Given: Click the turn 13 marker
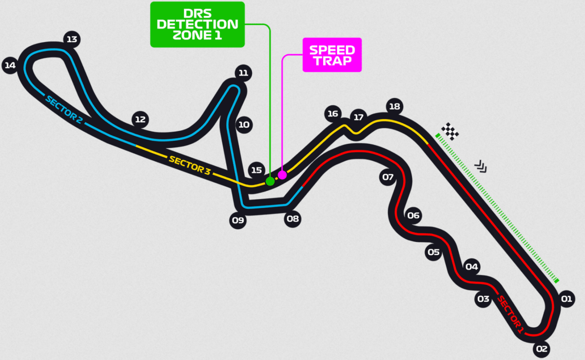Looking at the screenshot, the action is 72,40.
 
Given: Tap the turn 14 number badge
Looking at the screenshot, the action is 10,65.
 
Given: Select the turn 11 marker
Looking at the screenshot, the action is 243,73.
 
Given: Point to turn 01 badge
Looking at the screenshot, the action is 566,299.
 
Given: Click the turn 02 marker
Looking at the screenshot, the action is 542,349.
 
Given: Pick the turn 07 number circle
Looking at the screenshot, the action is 388,178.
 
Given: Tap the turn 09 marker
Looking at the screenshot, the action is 238,220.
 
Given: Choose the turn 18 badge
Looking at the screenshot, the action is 394,107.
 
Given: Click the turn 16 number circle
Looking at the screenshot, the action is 332,114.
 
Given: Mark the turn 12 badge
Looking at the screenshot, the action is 140,120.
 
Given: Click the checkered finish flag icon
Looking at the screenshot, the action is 450,131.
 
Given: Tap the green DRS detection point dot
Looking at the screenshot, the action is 270,181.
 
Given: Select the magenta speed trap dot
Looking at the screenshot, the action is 282,175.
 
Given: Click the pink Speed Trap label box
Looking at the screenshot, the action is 332,55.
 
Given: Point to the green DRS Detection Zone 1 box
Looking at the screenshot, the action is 197,24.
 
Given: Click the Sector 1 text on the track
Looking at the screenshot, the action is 510,315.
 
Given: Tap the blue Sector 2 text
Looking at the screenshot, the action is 64,109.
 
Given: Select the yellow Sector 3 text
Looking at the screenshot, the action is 190,165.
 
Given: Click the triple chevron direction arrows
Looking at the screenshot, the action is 481,166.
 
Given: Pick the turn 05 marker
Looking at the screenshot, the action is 433,252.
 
